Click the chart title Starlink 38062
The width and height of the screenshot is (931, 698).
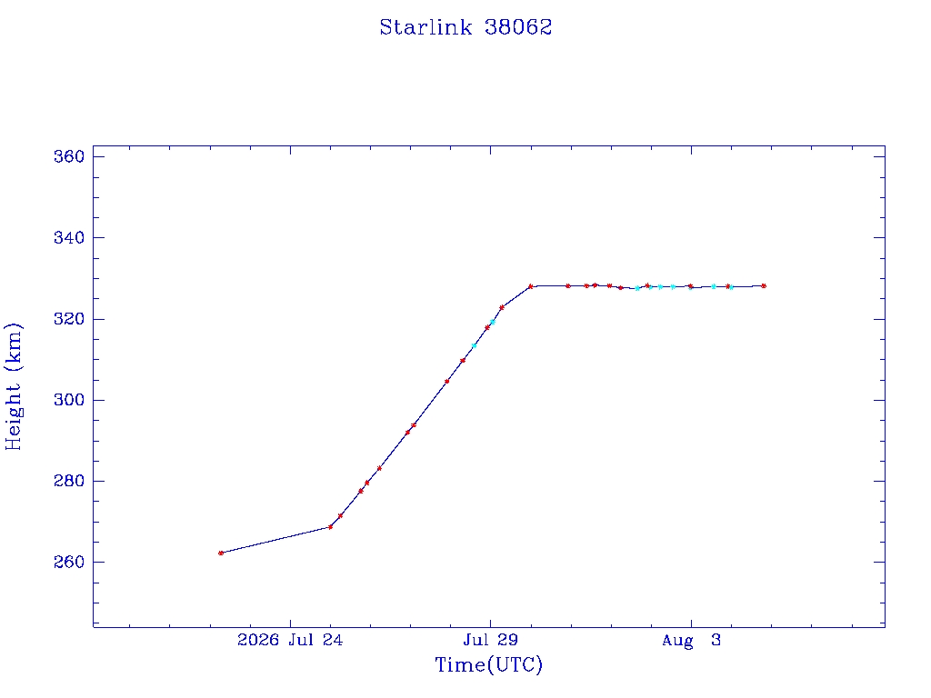[465, 27]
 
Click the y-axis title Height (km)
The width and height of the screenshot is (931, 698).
[13, 386]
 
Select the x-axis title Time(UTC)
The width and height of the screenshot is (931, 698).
[488, 664]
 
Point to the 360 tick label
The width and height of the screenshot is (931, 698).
[69, 156]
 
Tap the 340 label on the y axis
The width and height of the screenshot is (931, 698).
[69, 238]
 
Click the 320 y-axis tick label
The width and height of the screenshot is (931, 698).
[69, 319]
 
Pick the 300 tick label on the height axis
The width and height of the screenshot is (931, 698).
[69, 400]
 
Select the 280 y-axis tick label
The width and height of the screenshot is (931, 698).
[69, 482]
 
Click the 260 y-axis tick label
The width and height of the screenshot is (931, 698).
[69, 562]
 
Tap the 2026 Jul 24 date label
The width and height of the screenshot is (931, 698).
[290, 640]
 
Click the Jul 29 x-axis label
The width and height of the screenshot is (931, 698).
[490, 640]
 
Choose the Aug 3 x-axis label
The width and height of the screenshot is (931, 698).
[691, 641]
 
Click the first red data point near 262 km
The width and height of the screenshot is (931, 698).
[221, 553]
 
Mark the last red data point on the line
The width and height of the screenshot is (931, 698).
[764, 286]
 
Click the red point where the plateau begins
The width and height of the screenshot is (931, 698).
[530, 286]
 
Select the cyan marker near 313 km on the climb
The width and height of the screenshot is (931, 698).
[474, 345]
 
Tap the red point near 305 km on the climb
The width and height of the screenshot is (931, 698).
[447, 381]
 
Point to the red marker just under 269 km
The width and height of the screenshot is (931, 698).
[331, 527]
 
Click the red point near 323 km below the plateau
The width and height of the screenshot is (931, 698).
[502, 307]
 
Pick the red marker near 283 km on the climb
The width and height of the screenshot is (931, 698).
[379, 468]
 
